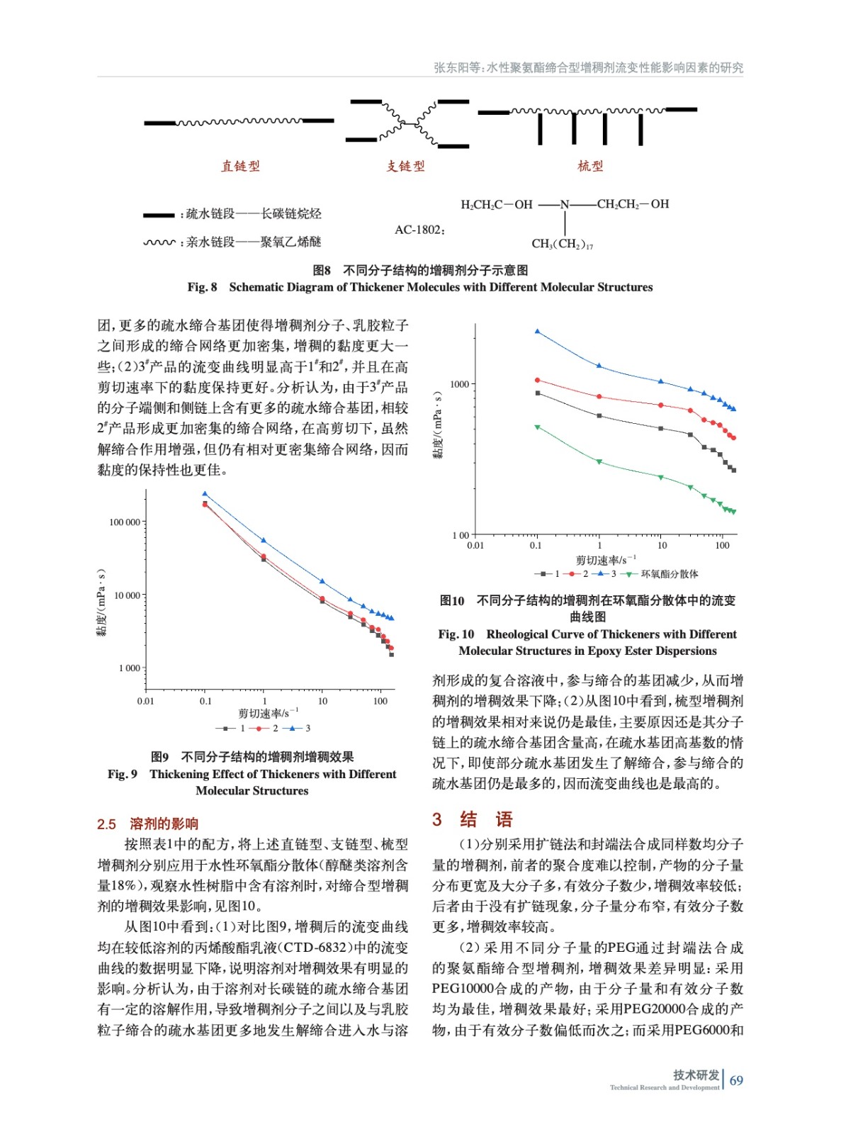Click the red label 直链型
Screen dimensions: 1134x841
click(241, 166)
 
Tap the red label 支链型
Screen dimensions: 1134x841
click(405, 166)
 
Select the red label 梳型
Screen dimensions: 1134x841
click(590, 166)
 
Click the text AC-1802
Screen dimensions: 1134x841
click(419, 230)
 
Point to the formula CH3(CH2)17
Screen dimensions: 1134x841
click(562, 244)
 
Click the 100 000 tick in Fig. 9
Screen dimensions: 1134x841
click(125, 522)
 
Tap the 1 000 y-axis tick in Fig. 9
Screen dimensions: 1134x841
click(130, 668)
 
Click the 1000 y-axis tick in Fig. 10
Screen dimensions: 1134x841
click(459, 384)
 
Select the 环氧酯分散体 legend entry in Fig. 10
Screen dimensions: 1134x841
click(669, 574)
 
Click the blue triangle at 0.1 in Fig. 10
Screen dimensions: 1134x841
click(537, 331)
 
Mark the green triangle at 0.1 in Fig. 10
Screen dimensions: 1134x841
click(537, 427)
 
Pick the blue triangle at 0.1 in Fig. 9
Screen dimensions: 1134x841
click(205, 494)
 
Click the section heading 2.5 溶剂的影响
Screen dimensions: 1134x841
click(147, 824)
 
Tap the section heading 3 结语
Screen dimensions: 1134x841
click(473, 820)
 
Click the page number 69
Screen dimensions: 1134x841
click(736, 1080)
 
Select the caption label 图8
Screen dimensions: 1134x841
click(322, 270)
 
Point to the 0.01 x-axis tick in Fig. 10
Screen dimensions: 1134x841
click(475, 545)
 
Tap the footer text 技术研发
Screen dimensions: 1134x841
click(696, 1074)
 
